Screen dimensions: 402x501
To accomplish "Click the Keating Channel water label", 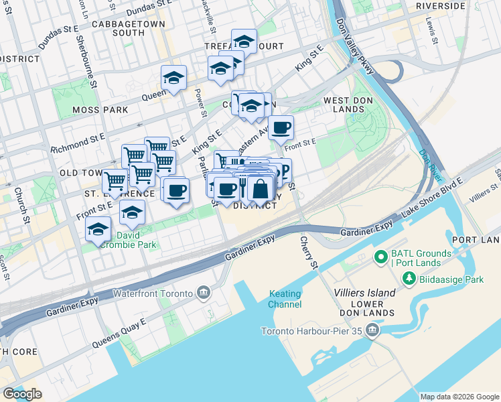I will (x=285, y=299).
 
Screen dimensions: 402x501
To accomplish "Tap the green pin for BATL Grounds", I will (x=380, y=257).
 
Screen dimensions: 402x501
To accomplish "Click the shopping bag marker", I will (x=261, y=190).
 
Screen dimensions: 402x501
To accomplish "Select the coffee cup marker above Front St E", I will (x=281, y=127).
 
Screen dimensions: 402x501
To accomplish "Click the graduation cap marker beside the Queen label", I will (x=173, y=78).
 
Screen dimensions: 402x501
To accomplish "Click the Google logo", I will (x=22, y=394).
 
